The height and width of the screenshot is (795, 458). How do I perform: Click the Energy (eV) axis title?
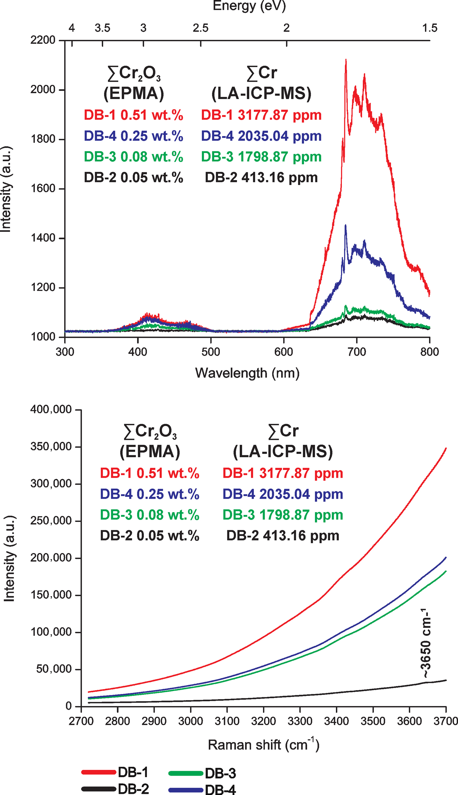249,6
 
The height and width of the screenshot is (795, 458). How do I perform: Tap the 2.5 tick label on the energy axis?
201,28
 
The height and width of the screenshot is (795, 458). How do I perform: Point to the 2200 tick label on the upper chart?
43,40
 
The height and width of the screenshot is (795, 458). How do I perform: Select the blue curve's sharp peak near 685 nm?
345,226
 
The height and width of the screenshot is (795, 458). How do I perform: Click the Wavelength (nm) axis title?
247,373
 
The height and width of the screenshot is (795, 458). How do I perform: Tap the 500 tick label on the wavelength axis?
211,352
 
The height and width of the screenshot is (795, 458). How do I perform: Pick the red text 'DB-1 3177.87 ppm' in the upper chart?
261,115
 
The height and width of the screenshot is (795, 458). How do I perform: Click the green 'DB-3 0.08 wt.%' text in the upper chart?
133,157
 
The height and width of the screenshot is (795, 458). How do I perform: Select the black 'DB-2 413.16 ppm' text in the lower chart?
283,536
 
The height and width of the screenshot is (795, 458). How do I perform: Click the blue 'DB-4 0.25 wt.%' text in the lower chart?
150,494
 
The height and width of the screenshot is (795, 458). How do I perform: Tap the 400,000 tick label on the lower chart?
51,409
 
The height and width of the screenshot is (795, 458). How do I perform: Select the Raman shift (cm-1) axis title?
263,745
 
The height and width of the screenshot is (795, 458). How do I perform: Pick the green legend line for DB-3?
186,773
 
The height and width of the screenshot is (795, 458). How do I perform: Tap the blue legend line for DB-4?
186,790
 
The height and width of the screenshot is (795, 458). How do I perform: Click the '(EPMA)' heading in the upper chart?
133,94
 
